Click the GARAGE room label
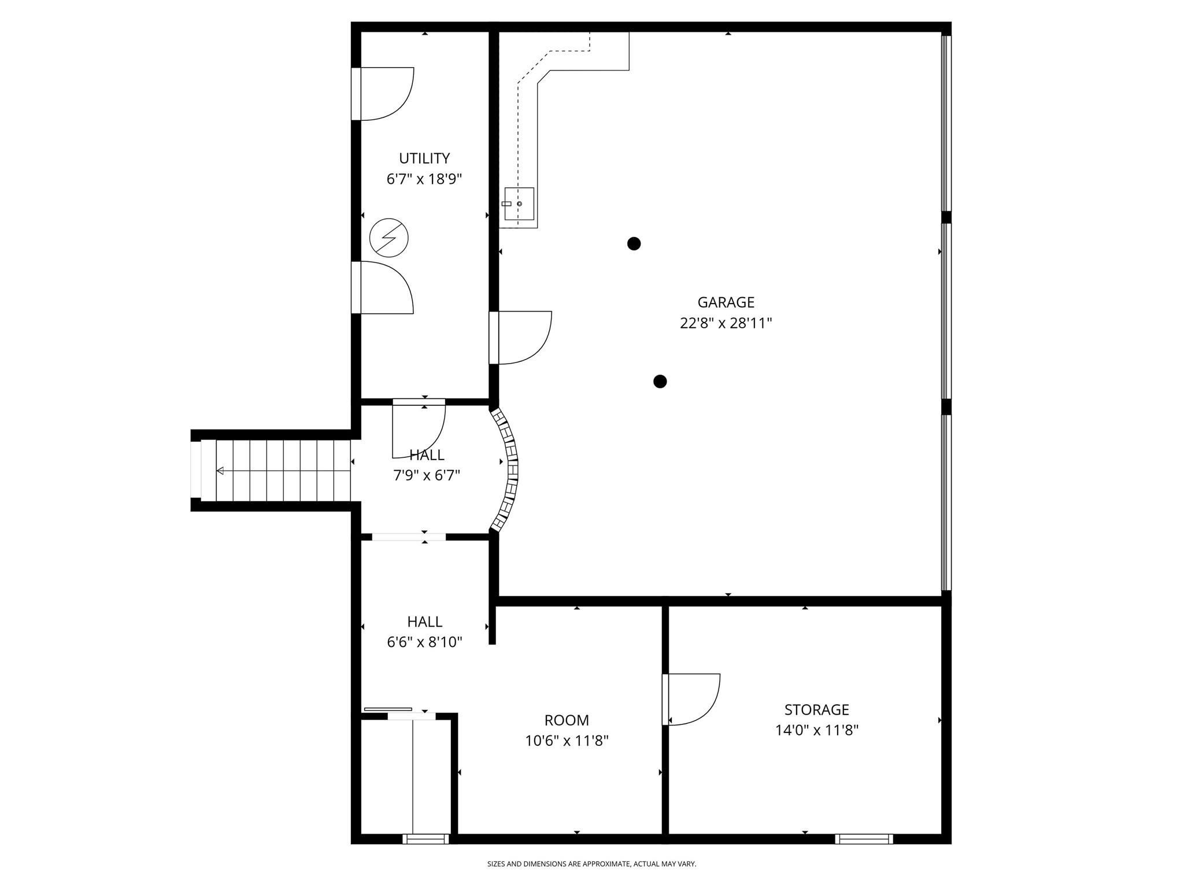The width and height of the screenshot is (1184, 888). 726,302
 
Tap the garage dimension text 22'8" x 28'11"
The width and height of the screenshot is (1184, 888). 726,323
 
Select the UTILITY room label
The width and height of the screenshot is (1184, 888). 424,158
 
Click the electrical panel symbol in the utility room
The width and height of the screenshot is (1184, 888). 389,238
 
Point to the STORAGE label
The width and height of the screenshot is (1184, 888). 816,709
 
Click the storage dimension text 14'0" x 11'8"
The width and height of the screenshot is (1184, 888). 816,730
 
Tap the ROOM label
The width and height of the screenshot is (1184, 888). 567,720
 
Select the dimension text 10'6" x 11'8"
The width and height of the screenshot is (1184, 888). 567,741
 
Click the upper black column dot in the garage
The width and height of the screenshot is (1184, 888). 634,243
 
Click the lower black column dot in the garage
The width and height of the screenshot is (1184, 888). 660,382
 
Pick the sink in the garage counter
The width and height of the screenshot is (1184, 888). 519,204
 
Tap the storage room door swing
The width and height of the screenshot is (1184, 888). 693,698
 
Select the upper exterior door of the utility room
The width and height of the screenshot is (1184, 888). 384,94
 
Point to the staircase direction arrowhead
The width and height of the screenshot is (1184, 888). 220,471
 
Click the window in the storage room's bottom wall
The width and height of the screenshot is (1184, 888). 864,839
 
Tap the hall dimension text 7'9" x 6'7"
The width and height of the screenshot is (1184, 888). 427,476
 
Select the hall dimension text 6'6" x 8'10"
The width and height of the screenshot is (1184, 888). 424,642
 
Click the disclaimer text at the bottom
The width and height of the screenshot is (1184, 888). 591,864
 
